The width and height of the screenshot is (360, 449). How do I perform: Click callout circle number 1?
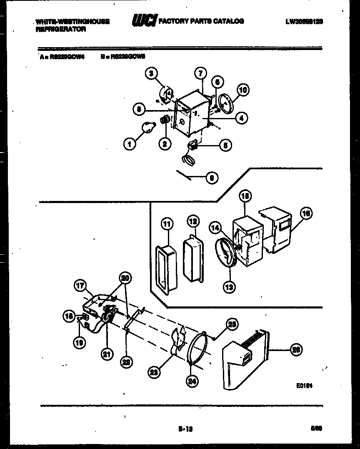point(130,144)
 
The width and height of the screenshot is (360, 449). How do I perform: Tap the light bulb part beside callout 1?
point(147,126)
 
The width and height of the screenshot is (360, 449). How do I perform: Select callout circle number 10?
point(243,90)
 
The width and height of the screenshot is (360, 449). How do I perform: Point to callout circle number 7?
point(200,74)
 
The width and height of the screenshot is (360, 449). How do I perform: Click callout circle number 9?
point(212,178)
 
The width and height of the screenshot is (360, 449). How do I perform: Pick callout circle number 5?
point(225,146)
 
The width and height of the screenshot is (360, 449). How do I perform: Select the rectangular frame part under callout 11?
point(166,269)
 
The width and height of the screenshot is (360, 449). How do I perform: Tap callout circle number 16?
point(306,214)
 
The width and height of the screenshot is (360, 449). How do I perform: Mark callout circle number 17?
point(80,286)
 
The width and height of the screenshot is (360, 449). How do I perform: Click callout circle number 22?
point(126,362)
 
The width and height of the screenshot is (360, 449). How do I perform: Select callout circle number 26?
point(296,350)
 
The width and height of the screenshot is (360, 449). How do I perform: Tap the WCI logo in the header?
point(144,21)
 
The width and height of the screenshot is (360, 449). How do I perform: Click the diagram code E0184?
point(305,386)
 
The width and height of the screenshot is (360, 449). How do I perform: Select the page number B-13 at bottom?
point(185,428)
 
